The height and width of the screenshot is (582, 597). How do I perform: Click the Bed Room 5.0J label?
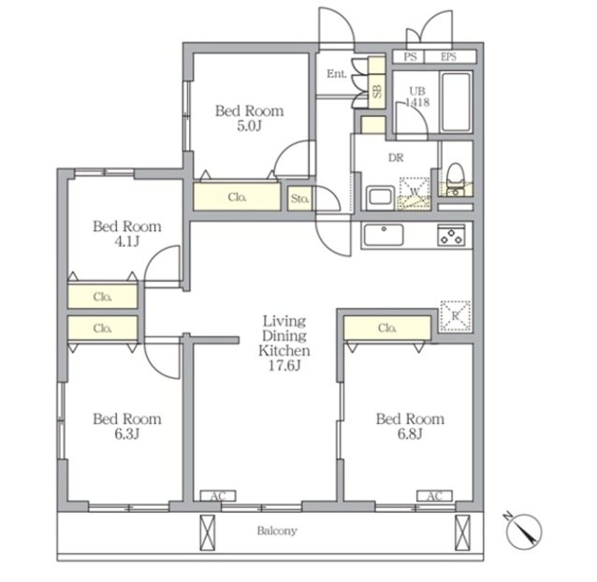250,118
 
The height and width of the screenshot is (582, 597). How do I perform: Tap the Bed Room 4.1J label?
127,234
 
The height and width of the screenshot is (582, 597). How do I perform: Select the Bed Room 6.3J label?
127,426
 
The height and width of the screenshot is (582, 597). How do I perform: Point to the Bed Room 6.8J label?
410,426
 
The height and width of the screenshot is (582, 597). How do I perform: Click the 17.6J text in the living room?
284,366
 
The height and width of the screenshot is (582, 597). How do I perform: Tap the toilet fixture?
455,180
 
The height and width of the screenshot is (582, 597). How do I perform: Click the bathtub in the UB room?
456,102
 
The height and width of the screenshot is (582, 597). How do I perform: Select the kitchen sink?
384,235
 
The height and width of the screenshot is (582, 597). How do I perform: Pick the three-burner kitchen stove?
451,235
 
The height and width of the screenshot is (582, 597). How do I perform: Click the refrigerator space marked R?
456,316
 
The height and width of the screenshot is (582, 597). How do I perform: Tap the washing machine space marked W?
415,194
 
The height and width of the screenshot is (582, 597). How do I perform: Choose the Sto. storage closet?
299,198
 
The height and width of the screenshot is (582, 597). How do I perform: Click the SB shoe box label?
377,91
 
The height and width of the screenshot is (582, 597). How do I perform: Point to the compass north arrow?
524,530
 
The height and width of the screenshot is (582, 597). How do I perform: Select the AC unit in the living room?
218,496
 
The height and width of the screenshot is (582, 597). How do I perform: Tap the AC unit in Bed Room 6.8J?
434,496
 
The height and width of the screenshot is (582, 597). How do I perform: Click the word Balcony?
277,531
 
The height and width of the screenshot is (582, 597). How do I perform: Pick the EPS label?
448,57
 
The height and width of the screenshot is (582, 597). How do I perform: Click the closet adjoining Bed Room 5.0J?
237,196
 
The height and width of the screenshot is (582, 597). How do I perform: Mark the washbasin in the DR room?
380,197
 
